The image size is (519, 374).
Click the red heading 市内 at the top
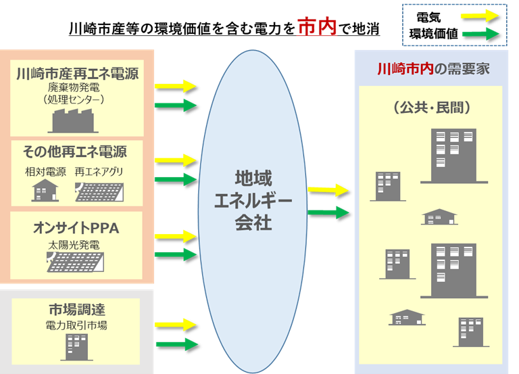point(317,27)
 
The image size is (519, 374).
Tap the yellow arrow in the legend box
point(480,15)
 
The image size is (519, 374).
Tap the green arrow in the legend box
point(480,34)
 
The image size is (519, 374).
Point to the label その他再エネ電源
point(75,150)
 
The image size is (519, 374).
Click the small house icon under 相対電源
point(45,191)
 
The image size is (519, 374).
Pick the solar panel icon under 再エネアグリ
point(99,191)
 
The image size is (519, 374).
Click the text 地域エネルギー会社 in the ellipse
point(253,200)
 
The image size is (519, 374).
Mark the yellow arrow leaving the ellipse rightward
point(328,190)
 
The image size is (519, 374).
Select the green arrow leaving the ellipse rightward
point(328,212)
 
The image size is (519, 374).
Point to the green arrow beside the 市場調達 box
point(176,344)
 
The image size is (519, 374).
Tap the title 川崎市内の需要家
point(433,69)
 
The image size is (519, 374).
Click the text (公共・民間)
point(432,107)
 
